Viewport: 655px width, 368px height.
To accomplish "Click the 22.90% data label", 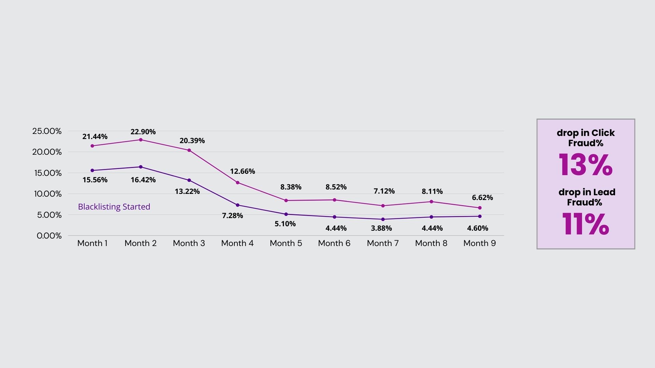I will [x=143, y=132].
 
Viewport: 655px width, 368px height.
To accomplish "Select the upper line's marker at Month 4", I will [x=237, y=183].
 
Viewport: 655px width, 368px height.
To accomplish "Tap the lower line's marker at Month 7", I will [x=383, y=219].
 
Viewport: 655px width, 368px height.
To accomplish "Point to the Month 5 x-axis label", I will [x=286, y=243].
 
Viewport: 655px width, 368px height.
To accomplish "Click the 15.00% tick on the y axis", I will [x=48, y=173].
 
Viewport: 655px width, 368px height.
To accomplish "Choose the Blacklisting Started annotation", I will [x=114, y=207].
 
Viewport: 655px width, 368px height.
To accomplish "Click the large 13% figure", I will [x=585, y=165].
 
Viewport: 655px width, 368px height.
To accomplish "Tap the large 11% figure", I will [x=585, y=224].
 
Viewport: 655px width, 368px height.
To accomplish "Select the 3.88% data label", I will [x=381, y=228].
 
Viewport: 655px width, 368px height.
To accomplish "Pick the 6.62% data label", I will [x=482, y=198].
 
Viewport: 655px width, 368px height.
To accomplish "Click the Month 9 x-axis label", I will [x=479, y=243].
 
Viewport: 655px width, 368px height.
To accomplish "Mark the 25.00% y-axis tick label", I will [x=47, y=131].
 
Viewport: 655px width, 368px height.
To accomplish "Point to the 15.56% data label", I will [x=95, y=180].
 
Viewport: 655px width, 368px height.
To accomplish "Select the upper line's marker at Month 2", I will [x=141, y=140].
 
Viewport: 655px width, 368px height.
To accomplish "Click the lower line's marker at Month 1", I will [x=92, y=170].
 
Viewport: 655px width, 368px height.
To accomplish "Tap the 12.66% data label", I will [x=243, y=171].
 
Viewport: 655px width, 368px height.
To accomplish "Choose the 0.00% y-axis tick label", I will [x=49, y=236].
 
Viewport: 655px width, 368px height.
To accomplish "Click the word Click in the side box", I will [x=603, y=133].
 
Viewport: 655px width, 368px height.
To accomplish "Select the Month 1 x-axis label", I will [x=92, y=243].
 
